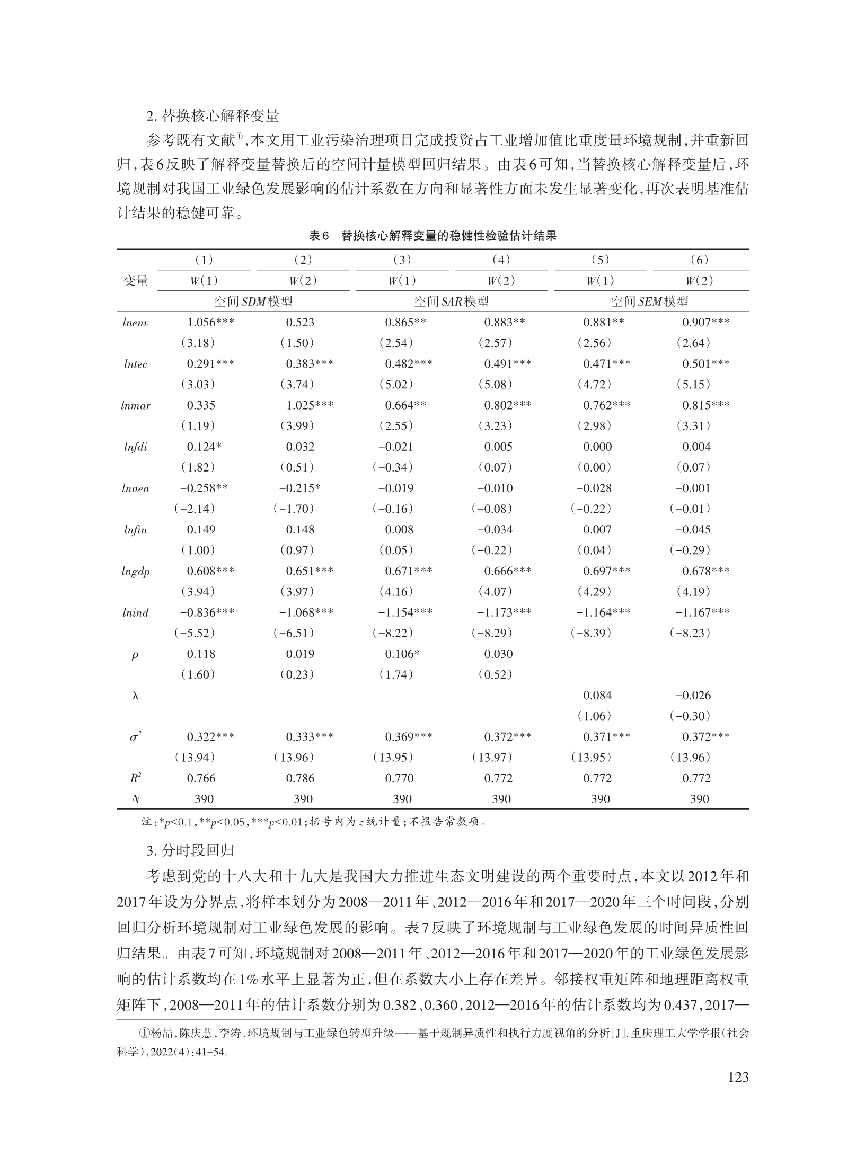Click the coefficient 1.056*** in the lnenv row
210,322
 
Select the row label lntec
135,364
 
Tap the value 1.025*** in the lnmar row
310,405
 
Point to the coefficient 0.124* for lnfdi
204,447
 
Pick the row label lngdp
135,571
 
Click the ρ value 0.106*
402,654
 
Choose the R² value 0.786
300,778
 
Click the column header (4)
501,260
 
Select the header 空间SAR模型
451,301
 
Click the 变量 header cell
135,281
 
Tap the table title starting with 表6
432,236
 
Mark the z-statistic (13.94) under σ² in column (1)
195,758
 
